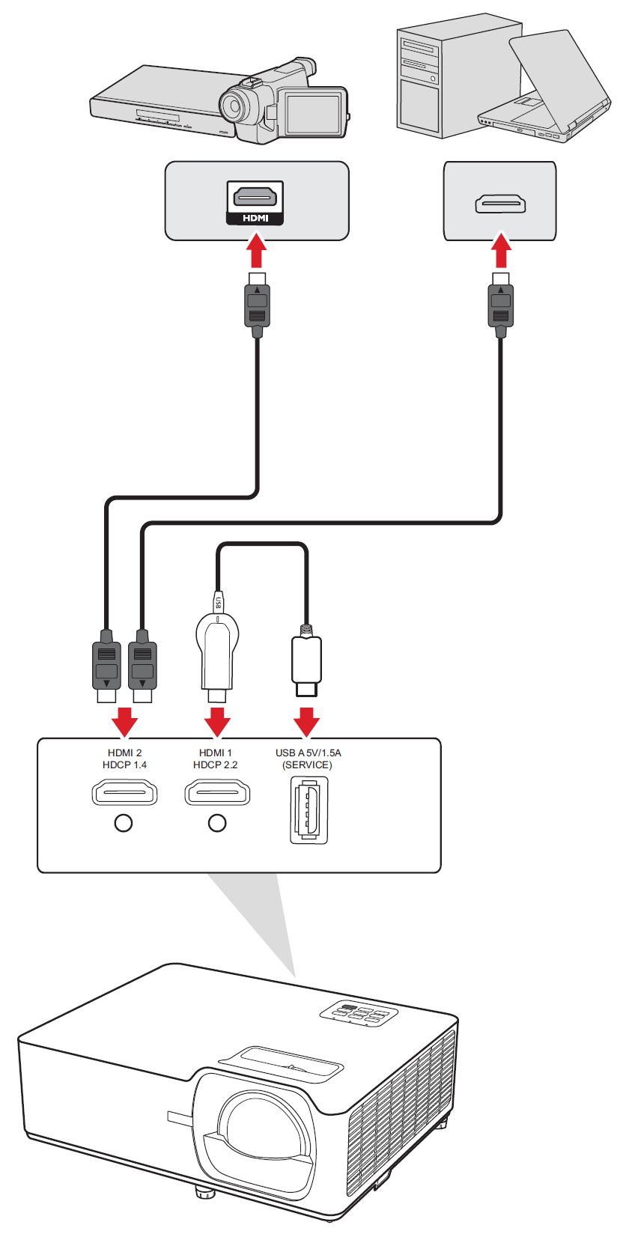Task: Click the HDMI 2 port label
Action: pyautogui.click(x=124, y=753)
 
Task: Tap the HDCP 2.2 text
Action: pyautogui.click(x=215, y=765)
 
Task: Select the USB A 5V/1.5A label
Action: pyautogui.click(x=308, y=753)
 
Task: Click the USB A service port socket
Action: pyautogui.click(x=309, y=810)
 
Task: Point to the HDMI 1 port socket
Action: pyautogui.click(x=217, y=792)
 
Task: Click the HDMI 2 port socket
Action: pyautogui.click(x=124, y=792)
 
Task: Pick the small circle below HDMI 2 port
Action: pyautogui.click(x=124, y=823)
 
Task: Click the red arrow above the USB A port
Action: pyautogui.click(x=306, y=721)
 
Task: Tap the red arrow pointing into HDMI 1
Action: pyautogui.click(x=217, y=721)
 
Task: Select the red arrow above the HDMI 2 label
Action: pyautogui.click(x=124, y=721)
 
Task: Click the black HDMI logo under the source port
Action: pyautogui.click(x=255, y=218)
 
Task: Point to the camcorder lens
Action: pyautogui.click(x=234, y=106)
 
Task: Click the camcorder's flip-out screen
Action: pyautogui.click(x=314, y=113)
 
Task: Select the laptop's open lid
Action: pyautogui.click(x=558, y=79)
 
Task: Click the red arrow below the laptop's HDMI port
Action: pyautogui.click(x=501, y=252)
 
